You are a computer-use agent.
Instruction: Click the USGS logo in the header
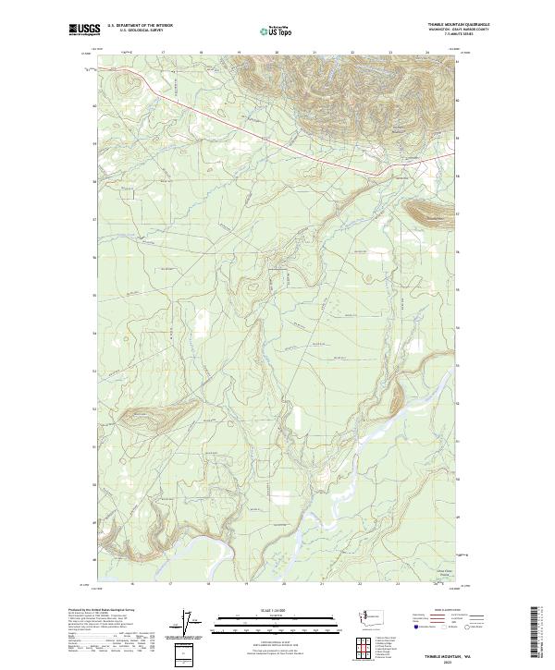[84, 30]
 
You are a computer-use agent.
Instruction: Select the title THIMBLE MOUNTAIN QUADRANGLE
[460, 25]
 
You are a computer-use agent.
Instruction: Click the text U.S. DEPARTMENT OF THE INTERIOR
[140, 26]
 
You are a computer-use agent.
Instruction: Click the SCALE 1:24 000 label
[277, 608]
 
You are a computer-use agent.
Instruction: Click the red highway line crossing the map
[277, 139]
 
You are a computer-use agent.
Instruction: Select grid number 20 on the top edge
[277, 54]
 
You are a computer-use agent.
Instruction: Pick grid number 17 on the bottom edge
[170, 585]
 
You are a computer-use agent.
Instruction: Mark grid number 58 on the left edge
[93, 181]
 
